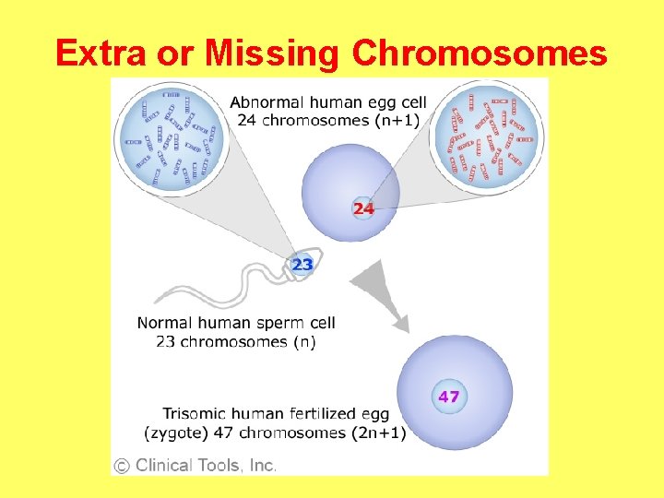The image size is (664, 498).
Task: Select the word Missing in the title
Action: coord(273,53)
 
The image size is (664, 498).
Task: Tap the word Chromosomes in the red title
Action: coord(480,53)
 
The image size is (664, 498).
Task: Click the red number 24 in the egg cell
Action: coord(363,208)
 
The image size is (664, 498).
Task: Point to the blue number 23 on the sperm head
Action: coord(302,265)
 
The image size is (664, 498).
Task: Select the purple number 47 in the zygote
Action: coord(448,397)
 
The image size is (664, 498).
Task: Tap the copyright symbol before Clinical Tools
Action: coord(122,466)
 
